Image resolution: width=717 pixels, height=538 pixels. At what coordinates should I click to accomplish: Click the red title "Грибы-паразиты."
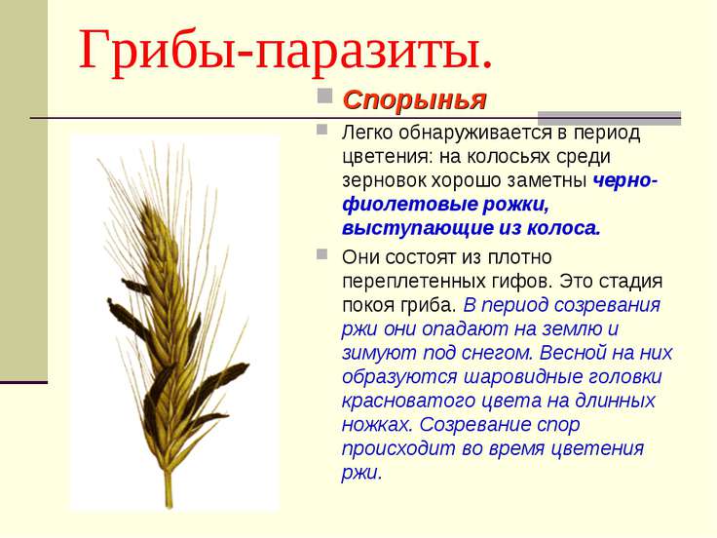pyautogui.click(x=285, y=52)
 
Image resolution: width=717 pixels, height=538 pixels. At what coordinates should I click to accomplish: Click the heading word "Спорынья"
pyautogui.click(x=414, y=99)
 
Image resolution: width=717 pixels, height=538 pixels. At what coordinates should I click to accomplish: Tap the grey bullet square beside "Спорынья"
pyautogui.click(x=324, y=96)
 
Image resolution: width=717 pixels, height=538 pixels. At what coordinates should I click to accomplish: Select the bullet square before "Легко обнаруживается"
pyautogui.click(x=321, y=130)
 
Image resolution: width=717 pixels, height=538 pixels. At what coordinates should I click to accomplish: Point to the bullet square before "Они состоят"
pyautogui.click(x=321, y=254)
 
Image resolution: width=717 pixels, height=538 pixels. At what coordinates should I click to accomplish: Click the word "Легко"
pyautogui.click(x=367, y=133)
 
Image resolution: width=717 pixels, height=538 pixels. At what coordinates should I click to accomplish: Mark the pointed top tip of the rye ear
pyautogui.click(x=145, y=205)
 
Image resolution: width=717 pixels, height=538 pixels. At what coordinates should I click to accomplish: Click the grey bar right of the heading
pyautogui.click(x=609, y=118)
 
